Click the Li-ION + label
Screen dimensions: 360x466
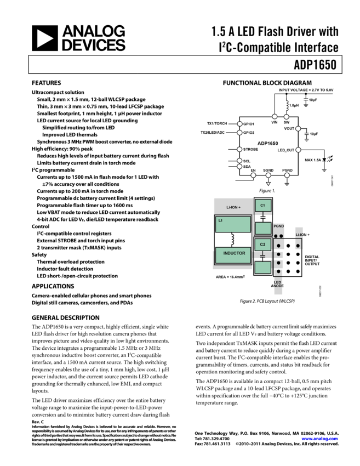tap(233, 207)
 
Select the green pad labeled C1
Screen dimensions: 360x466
tap(263, 206)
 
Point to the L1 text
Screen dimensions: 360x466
tap(220, 220)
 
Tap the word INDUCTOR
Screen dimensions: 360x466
tap(234, 253)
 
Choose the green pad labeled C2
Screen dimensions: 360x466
tap(262, 245)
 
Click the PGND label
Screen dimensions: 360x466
tap(278, 226)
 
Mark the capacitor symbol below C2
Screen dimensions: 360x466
tap(262, 256)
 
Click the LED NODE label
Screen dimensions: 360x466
tap(278, 284)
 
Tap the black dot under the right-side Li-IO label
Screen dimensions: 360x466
tap(298, 246)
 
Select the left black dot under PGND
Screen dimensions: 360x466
tap(276, 236)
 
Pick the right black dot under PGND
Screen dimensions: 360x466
tap(282, 236)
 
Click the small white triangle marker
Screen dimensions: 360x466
tap(268, 184)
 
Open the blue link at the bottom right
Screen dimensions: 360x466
tap(319, 439)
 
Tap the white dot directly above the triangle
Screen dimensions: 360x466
tap(268, 175)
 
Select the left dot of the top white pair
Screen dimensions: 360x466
tap(275, 116)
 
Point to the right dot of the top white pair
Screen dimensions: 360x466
tap(286, 117)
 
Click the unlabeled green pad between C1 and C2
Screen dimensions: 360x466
tap(263, 228)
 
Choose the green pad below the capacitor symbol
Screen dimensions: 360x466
tap(263, 268)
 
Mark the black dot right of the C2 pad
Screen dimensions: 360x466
tap(278, 246)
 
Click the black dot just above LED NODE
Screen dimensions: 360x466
tap(278, 271)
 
